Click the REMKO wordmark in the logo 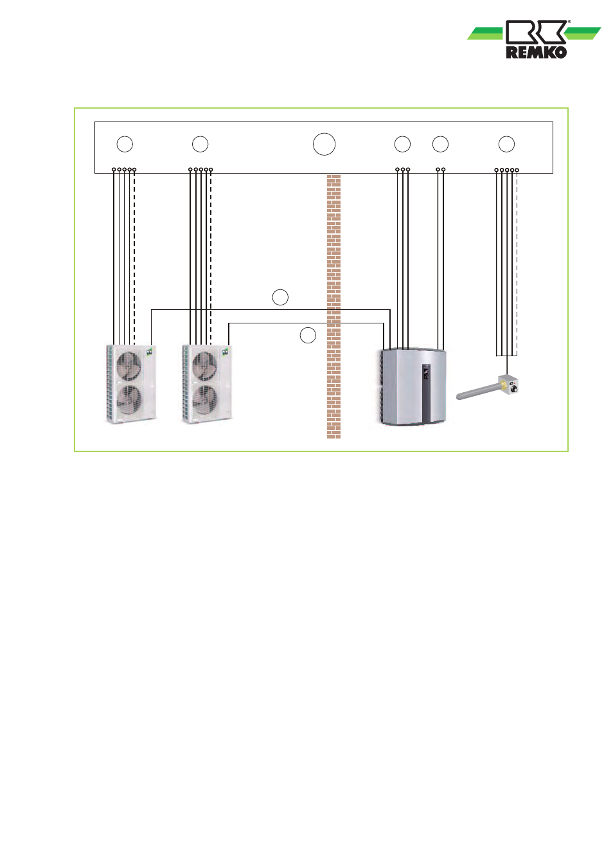537,52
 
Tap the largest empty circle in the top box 324,144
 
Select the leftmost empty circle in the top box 125,144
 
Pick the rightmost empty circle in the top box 506,144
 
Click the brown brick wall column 333,307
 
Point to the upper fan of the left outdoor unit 129,365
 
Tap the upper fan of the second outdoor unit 205,365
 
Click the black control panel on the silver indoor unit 426,392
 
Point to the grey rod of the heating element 477,392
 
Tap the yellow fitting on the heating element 503,385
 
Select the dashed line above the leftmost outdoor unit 134,258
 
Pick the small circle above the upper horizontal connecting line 280,297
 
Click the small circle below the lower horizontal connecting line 308,335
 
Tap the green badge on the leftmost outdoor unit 149,352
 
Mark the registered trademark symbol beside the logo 569,22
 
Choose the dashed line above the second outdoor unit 211,258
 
